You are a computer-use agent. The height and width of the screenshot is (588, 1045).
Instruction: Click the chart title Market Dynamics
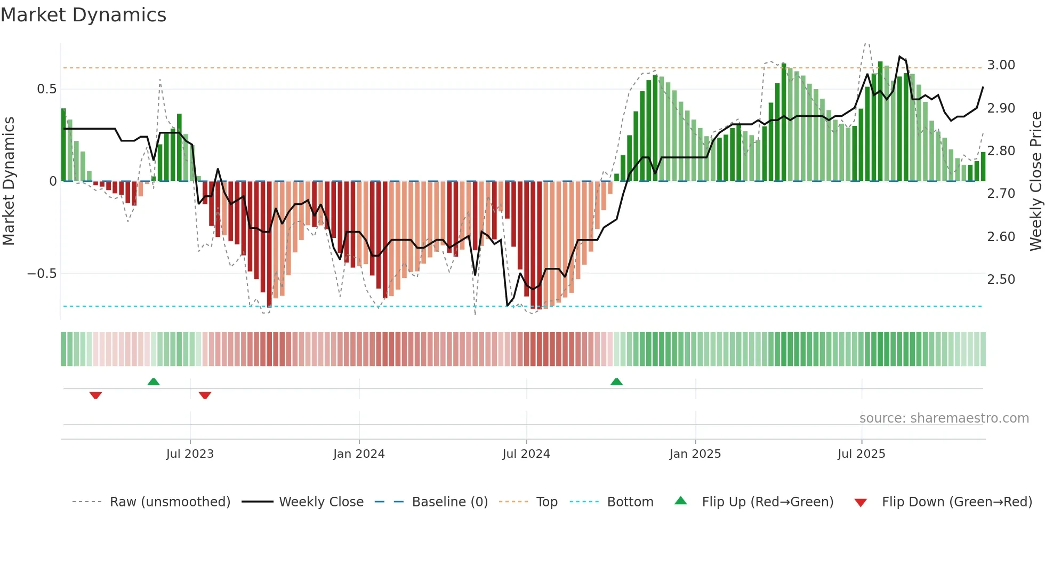[83, 15]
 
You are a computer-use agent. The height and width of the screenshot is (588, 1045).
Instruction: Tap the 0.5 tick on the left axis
[47, 89]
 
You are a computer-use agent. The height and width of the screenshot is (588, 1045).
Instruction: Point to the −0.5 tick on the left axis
[42, 274]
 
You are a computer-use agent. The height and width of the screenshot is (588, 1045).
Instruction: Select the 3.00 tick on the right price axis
[1001, 65]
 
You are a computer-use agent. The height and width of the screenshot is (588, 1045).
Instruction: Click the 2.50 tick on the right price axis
[1001, 280]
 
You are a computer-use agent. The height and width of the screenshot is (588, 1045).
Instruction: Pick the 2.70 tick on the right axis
[1001, 194]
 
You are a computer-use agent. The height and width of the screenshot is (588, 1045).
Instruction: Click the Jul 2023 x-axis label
[190, 454]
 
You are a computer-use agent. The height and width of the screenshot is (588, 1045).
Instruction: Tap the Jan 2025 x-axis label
[695, 454]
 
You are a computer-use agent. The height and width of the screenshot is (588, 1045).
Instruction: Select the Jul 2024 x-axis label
[526, 454]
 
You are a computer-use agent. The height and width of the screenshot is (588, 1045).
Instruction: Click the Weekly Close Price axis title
[1035, 181]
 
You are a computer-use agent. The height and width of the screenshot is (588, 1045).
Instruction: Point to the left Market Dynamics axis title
[9, 181]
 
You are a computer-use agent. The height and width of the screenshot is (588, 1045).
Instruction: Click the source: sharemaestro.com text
[944, 418]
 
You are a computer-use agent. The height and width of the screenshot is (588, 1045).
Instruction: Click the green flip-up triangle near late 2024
[616, 382]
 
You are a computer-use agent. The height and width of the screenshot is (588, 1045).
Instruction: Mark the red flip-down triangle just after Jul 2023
[205, 395]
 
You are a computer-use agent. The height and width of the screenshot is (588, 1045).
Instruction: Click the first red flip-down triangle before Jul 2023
[95, 395]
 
